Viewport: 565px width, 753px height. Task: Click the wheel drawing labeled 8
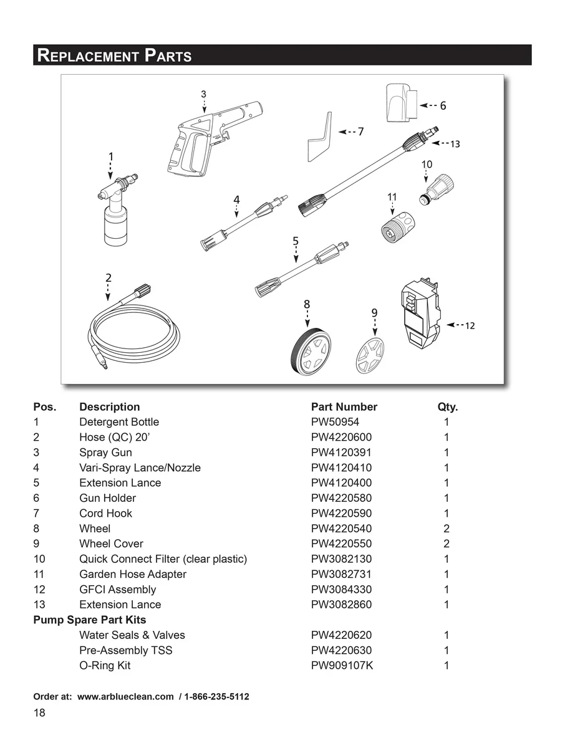point(311,352)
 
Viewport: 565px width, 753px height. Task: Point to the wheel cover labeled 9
point(370,356)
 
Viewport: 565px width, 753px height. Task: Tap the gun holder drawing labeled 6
point(402,103)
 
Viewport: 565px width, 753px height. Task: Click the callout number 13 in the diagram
point(455,144)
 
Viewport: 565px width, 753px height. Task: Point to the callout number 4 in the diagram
point(236,199)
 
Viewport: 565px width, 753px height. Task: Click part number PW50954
point(335,422)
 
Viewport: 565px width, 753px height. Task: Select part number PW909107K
point(342,666)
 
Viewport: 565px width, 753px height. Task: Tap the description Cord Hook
point(105,513)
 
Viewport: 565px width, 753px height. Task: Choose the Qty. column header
point(448,407)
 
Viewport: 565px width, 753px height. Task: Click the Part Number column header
point(344,407)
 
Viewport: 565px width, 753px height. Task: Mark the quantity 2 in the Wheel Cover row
point(447,544)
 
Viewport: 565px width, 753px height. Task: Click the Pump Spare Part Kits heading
point(90,620)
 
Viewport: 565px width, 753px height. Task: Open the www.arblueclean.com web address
point(125,696)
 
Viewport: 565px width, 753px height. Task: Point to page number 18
point(39,713)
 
